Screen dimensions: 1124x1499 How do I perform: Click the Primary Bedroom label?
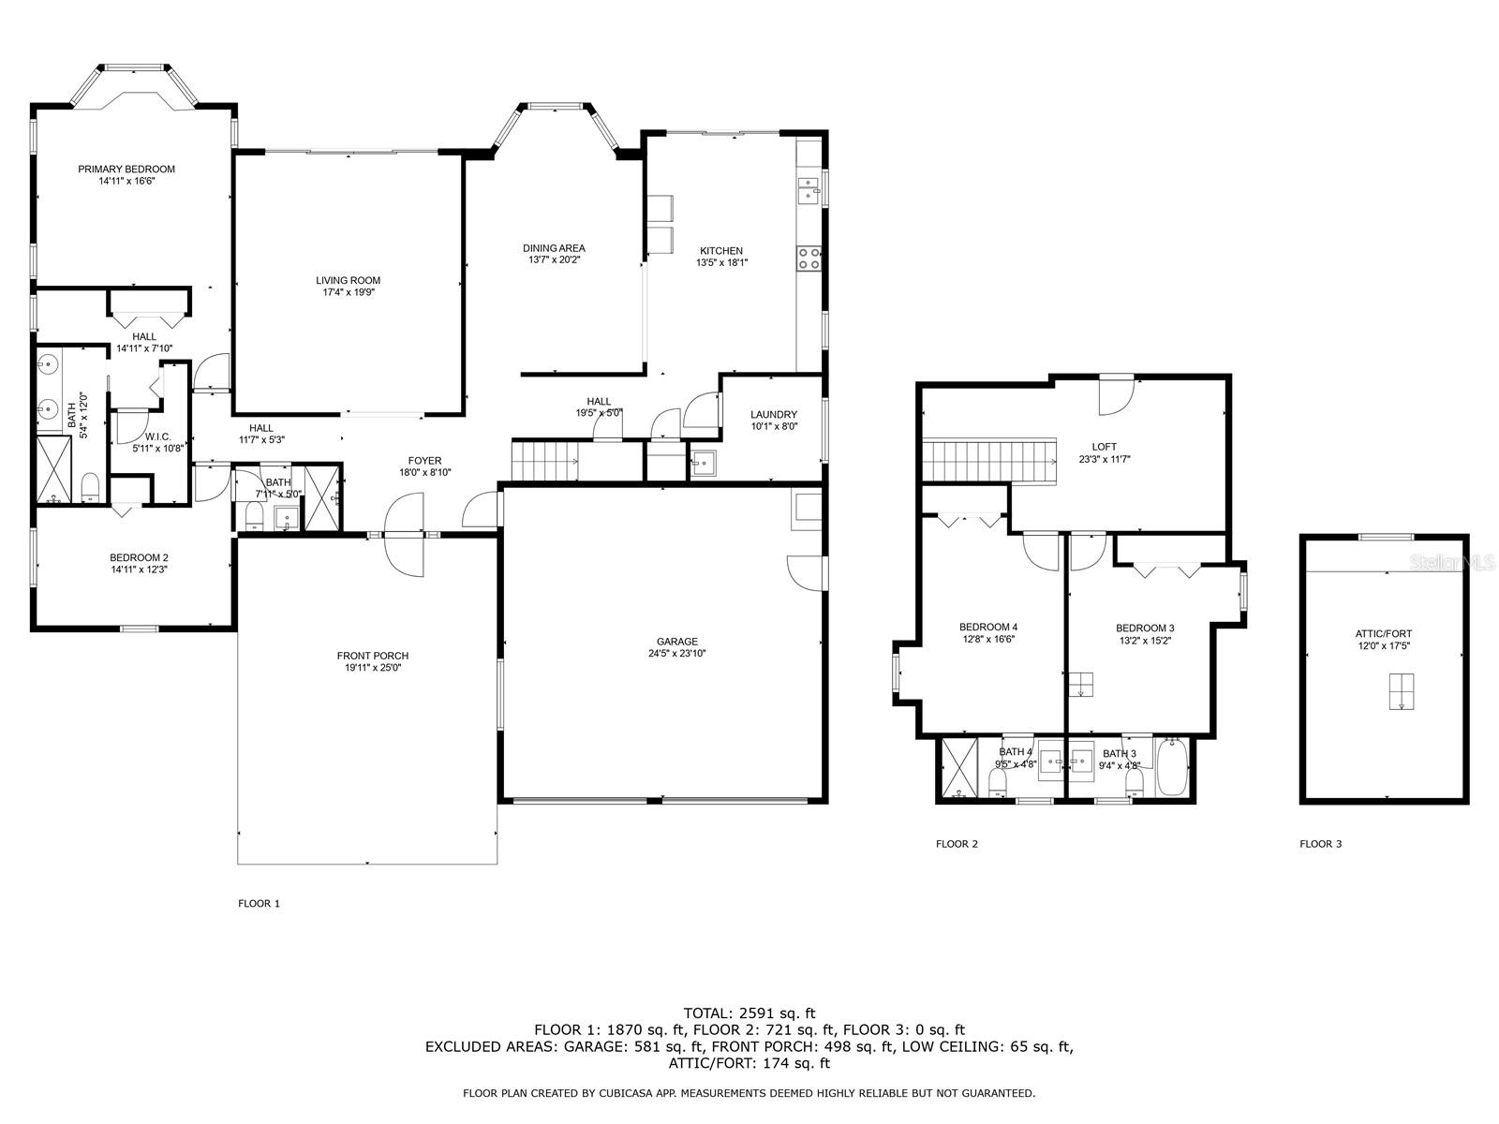coord(126,170)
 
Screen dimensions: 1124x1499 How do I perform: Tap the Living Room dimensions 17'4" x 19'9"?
coord(348,292)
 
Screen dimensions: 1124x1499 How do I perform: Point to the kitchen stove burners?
coord(809,258)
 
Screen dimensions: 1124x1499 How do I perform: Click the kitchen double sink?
coord(807,193)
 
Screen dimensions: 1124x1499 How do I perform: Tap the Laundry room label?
coord(774,415)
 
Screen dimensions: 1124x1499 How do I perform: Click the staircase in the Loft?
coord(989,461)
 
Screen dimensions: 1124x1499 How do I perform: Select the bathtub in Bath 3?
coord(1172,769)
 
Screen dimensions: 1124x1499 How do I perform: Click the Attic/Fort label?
coord(1384,634)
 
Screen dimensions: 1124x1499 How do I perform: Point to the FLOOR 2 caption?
coord(957,844)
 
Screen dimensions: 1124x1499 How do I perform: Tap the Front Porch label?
coord(373,656)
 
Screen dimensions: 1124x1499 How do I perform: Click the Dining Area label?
coord(554,248)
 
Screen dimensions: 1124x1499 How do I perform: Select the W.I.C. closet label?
coord(157,436)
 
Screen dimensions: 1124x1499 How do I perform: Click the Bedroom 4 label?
coord(987,628)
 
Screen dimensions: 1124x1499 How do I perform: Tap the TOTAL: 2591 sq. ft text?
coord(749,1013)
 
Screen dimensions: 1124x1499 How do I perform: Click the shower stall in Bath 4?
coord(958,768)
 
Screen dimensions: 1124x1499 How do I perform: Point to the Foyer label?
coord(424,461)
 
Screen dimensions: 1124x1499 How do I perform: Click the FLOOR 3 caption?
coord(1320,844)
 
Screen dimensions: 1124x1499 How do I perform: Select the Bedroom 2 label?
coord(139,557)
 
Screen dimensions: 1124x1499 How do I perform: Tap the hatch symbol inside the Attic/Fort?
coord(1402,691)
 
